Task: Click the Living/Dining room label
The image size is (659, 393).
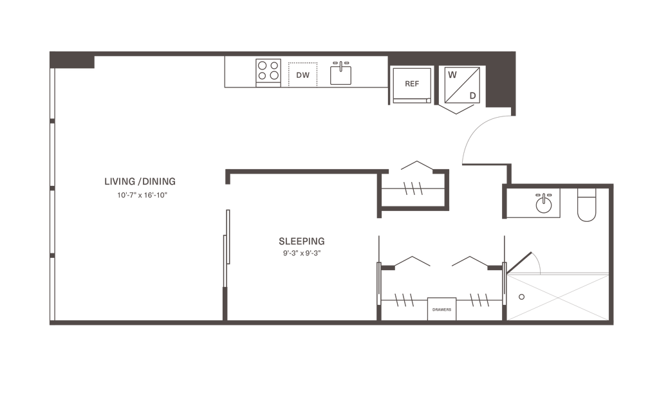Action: (140, 180)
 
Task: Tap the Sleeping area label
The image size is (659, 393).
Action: (302, 241)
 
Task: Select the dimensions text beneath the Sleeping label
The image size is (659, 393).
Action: (302, 253)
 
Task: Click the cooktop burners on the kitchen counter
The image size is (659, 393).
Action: (268, 69)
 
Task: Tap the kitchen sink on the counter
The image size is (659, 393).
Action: (340, 72)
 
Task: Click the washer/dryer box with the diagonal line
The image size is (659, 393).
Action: (461, 84)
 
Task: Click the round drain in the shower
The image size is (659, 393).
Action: (521, 297)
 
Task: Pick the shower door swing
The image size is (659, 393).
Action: (528, 260)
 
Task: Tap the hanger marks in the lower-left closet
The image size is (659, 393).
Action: (404, 299)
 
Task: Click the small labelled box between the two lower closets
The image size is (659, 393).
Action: (442, 309)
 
